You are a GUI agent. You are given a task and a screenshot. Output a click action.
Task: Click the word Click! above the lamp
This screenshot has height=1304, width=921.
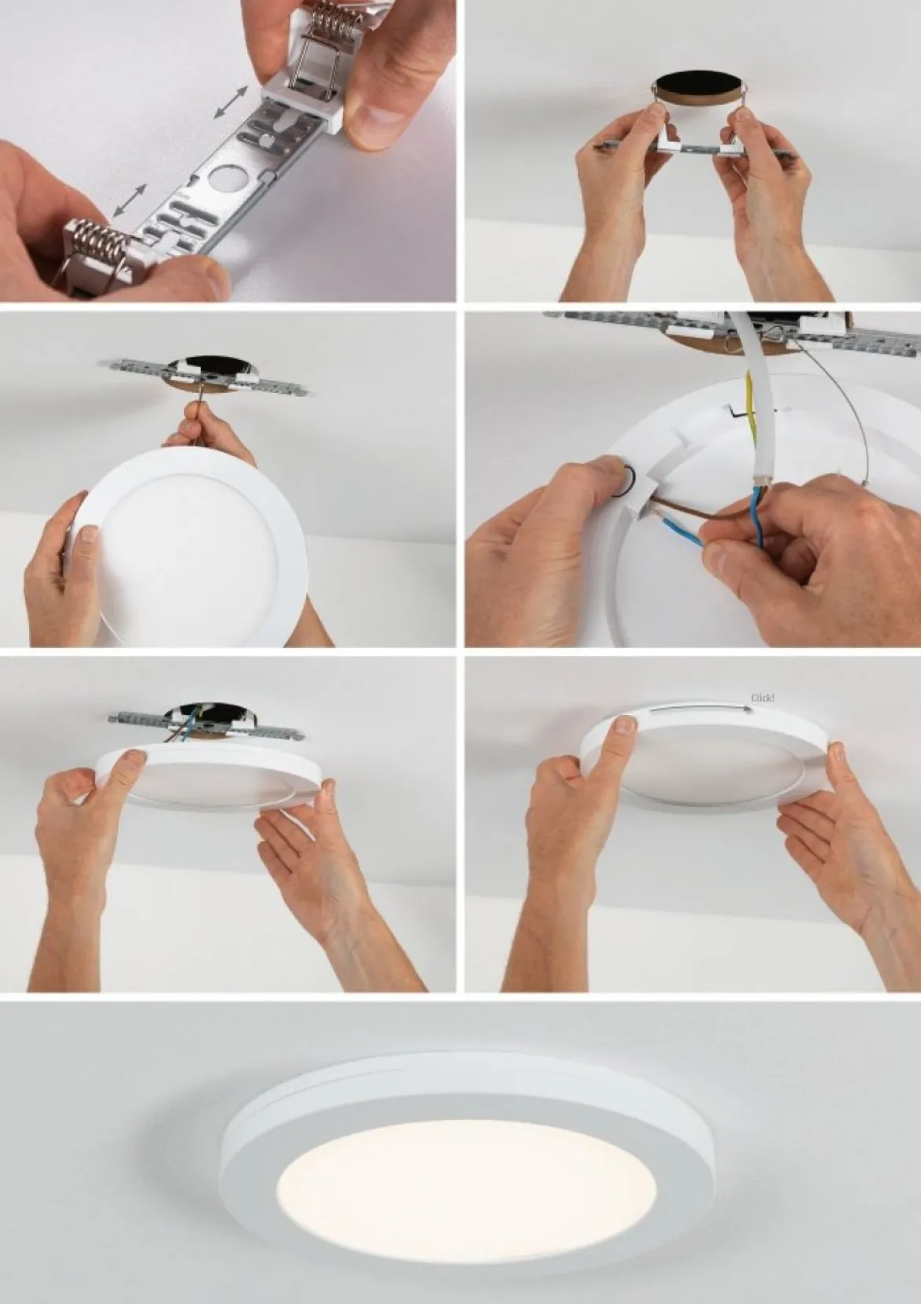click(x=762, y=697)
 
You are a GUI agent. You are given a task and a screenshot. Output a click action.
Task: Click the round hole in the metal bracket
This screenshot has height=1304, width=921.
click(x=226, y=177)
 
